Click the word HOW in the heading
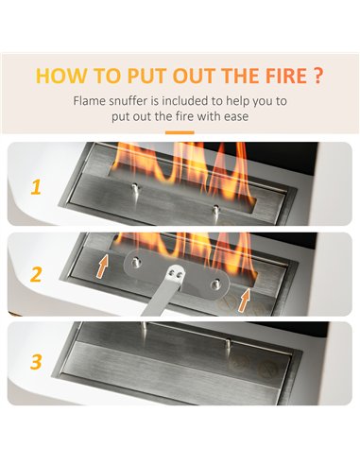pyautogui.click(x=61, y=76)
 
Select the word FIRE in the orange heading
pyautogui.click(x=286, y=76)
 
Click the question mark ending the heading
pyautogui.click(x=318, y=76)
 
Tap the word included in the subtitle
pyautogui.click(x=185, y=101)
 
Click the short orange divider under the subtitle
pyautogui.click(x=180, y=132)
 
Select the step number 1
pyautogui.click(x=36, y=188)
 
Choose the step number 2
pyautogui.click(x=36, y=274)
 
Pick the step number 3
pyautogui.click(x=36, y=362)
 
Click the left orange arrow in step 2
pyautogui.click(x=103, y=267)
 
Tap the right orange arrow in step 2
pyautogui.click(x=244, y=301)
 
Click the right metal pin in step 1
pyautogui.click(x=215, y=210)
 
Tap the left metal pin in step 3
pyautogui.click(x=144, y=328)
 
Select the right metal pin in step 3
pyautogui.click(x=229, y=343)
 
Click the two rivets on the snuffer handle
pyautogui.click(x=176, y=273)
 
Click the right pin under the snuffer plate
pyautogui.click(x=215, y=284)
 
